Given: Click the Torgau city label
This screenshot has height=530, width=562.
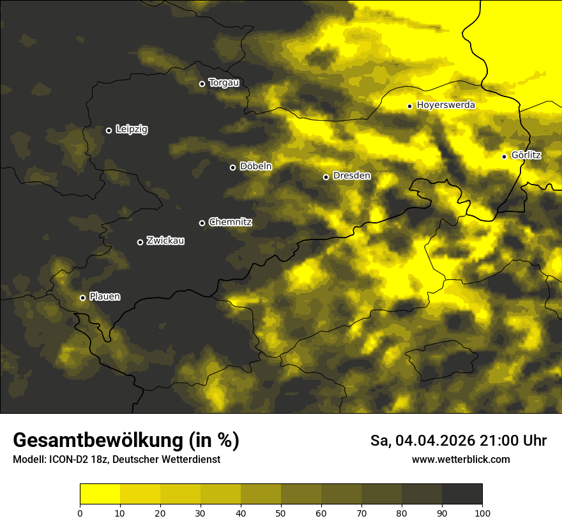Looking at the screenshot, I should pyautogui.click(x=224, y=83).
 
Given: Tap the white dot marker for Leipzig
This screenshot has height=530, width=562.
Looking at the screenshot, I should pyautogui.click(x=109, y=130).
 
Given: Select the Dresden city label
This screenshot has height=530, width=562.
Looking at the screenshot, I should pyautogui.click(x=352, y=176).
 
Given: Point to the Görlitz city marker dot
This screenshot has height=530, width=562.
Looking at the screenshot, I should pyautogui.click(x=504, y=156).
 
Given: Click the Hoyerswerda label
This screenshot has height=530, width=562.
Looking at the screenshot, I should pyautogui.click(x=446, y=105).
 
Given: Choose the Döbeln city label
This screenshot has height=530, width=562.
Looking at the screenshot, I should pyautogui.click(x=255, y=167).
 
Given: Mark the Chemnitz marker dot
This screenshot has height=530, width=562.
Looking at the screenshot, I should pyautogui.click(x=202, y=223).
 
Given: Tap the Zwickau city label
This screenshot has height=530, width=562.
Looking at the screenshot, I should pyautogui.click(x=165, y=241).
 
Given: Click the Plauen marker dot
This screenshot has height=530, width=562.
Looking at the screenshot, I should pyautogui.click(x=82, y=298).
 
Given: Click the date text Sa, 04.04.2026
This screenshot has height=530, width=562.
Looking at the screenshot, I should pyautogui.click(x=421, y=441).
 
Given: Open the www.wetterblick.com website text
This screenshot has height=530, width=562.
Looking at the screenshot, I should pyautogui.click(x=460, y=460).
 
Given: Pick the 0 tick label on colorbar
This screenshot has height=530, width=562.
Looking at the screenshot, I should pyautogui.click(x=80, y=513).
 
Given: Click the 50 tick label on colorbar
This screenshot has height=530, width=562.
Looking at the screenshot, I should pyautogui.click(x=281, y=513).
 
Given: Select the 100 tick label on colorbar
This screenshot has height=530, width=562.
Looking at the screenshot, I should pyautogui.click(x=482, y=513).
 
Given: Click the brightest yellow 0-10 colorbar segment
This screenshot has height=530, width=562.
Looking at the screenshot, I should pyautogui.click(x=100, y=494).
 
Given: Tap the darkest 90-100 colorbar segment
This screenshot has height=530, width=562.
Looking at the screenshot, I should pyautogui.click(x=462, y=494).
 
